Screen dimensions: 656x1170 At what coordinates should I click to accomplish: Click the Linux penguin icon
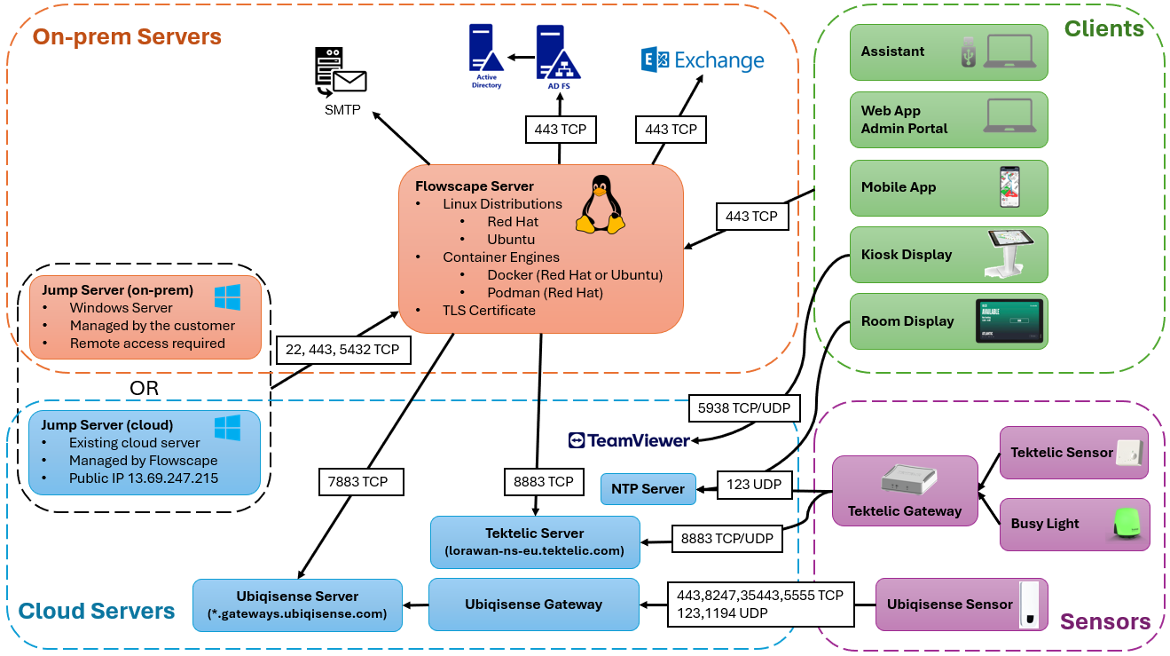(600, 205)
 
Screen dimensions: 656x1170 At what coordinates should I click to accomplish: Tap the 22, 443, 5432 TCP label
(343, 350)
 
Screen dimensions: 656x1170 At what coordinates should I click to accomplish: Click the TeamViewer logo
(629, 440)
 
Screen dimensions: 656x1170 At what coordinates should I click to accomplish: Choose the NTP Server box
(648, 488)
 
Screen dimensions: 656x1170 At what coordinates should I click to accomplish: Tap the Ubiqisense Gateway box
(533, 605)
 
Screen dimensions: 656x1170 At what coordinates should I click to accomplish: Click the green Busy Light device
(1126, 524)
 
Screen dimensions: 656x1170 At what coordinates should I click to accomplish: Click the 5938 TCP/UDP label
(743, 407)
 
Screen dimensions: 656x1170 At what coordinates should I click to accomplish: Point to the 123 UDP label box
(752, 485)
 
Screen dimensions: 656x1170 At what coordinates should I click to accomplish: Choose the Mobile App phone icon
(1009, 187)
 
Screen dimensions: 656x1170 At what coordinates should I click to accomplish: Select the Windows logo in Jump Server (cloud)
(227, 427)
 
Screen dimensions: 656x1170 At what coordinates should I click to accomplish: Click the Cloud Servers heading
(97, 611)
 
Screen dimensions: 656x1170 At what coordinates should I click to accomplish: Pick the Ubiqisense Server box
(297, 605)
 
